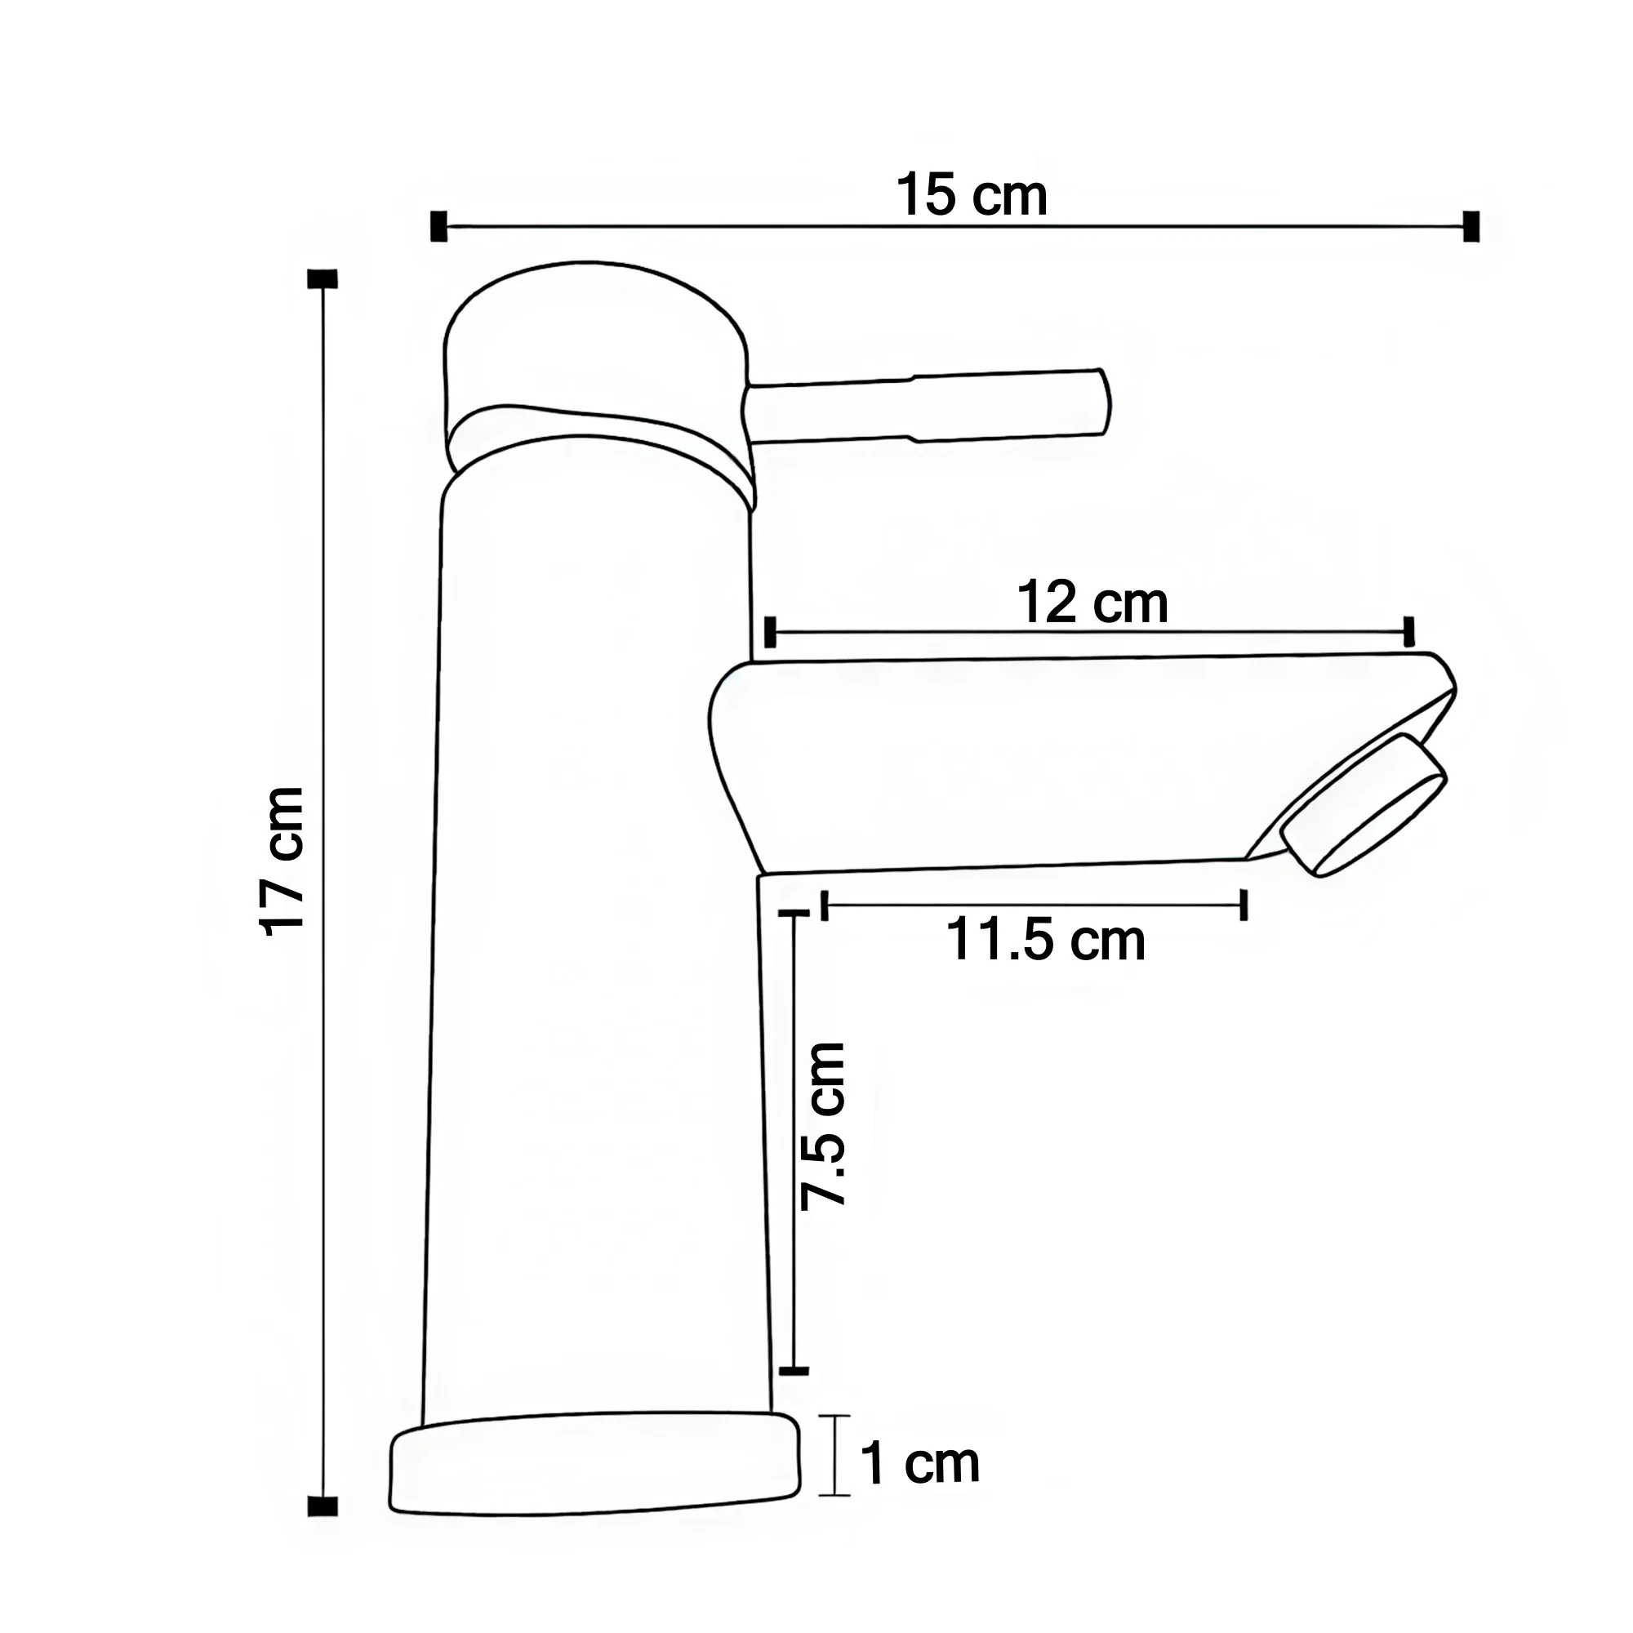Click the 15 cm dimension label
coord(971,196)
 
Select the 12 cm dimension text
coord(1092,603)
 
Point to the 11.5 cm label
coord(1046,941)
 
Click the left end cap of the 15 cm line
coord(438,226)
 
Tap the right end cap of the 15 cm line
coord(1471,226)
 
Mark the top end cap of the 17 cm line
coord(323,279)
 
